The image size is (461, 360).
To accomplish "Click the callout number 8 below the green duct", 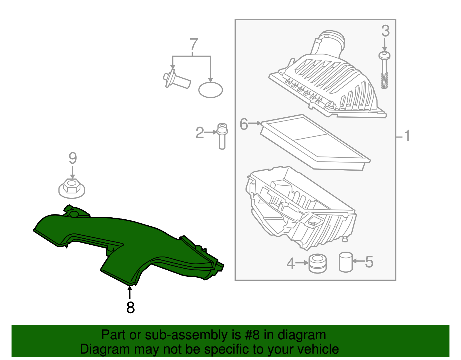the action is click(130, 307).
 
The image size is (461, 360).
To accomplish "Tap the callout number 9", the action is click(73, 158).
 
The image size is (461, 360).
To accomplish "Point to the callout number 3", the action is click(385, 31).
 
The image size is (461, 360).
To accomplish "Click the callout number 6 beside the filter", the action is click(244, 124).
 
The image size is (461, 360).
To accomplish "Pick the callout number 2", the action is click(199, 133).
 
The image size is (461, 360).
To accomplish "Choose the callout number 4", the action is click(290, 264).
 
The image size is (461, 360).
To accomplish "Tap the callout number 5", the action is click(369, 262).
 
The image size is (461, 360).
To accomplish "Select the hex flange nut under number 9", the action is click(72, 189).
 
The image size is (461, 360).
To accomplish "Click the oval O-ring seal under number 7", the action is click(210, 90).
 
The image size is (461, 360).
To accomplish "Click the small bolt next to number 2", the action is click(222, 136).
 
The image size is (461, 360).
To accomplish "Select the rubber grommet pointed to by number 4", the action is click(318, 263).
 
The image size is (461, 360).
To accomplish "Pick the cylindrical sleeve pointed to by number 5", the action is click(346, 262).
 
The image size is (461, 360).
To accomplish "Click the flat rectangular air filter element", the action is click(315, 142).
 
